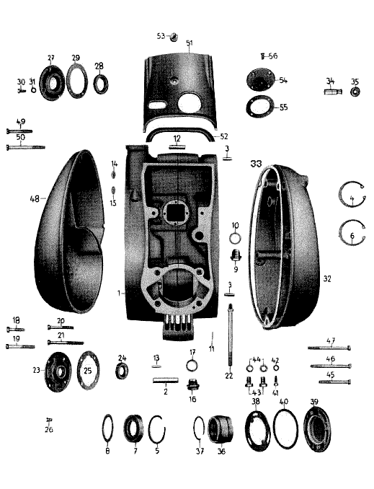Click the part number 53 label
tap(161, 36)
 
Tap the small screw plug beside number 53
tap(174, 37)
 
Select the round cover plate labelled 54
tap(261, 80)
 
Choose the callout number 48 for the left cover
tap(35, 198)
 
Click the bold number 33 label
tap(257, 164)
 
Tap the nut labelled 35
tap(354, 92)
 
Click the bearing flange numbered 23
tap(58, 371)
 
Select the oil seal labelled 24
tap(122, 371)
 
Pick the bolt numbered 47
tap(329, 348)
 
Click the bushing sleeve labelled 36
tap(221, 429)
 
